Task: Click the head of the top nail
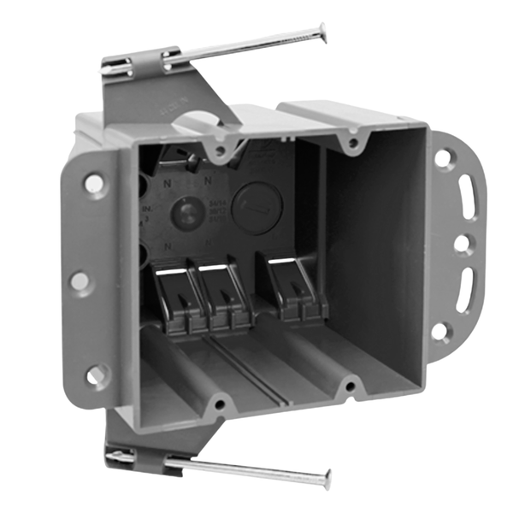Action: pos(321,33)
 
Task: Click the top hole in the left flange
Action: pos(93,183)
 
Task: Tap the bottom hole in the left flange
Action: pos(96,374)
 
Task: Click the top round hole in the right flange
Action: pos(443,158)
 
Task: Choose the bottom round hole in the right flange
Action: pos(439,330)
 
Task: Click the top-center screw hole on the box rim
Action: pos(221,150)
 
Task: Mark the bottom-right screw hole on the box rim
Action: pos(348,389)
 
